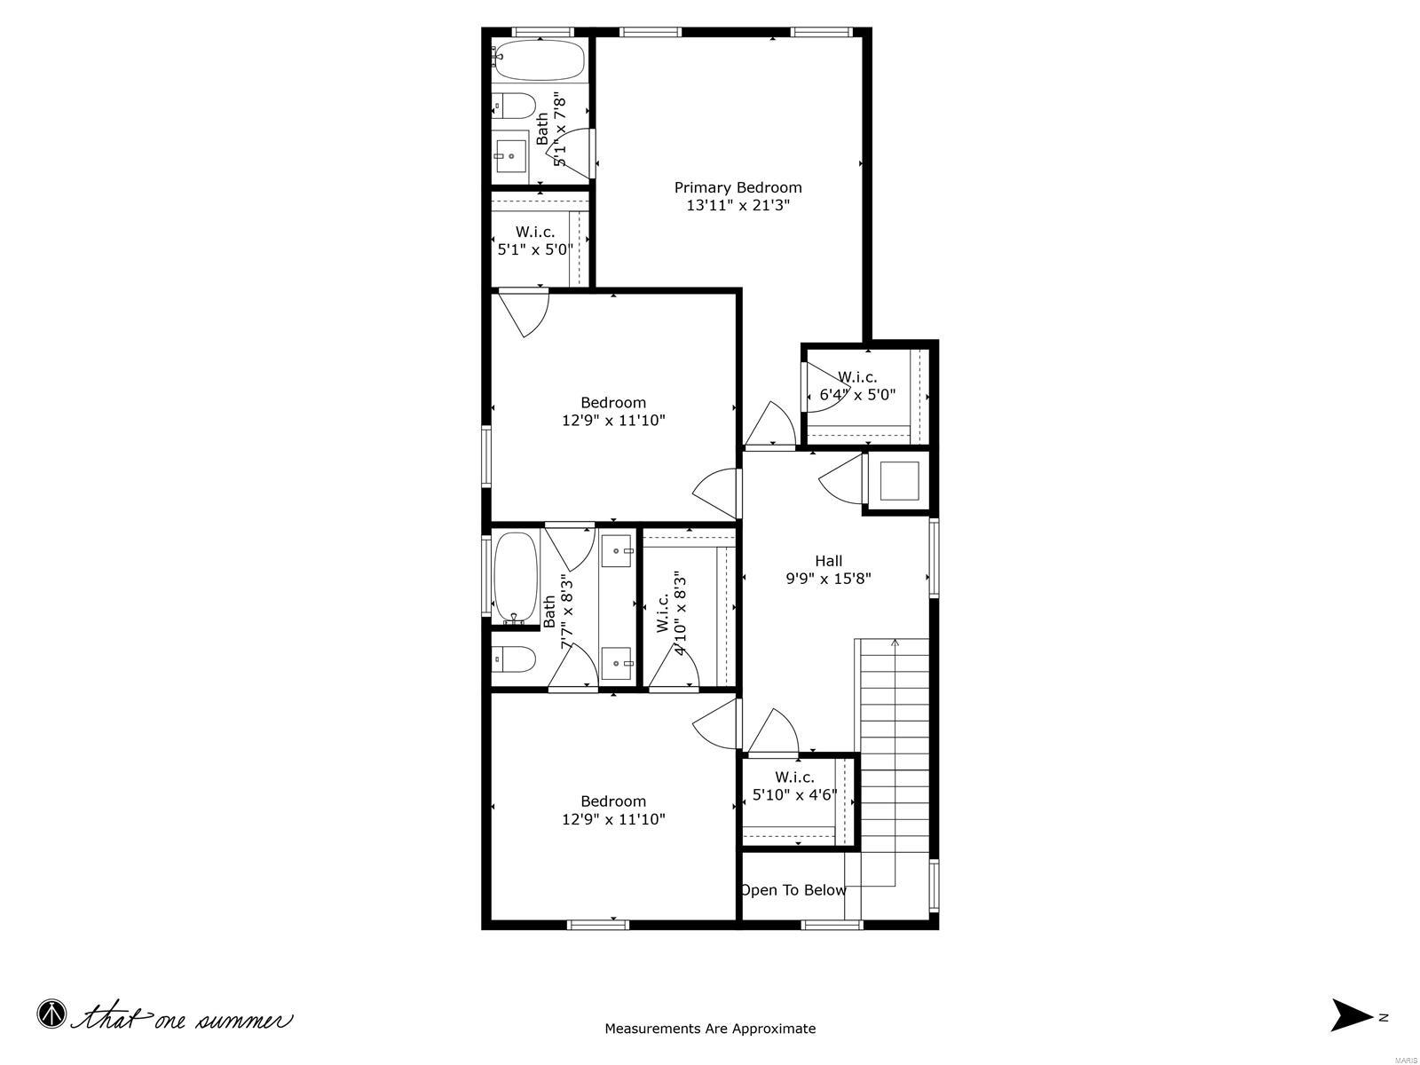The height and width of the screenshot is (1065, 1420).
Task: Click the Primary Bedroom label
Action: tap(738, 187)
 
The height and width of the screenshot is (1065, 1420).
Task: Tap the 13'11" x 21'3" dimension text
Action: tap(738, 205)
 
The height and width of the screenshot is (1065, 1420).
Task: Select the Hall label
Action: tap(828, 560)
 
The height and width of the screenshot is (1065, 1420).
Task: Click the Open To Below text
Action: tap(793, 890)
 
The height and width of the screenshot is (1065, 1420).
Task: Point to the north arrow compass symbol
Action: tap(1352, 1015)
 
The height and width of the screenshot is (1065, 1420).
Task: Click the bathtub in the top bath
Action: tap(539, 60)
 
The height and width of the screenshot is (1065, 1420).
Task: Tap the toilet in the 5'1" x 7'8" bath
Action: tap(514, 106)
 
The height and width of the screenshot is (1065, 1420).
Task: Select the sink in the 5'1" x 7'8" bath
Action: tap(510, 156)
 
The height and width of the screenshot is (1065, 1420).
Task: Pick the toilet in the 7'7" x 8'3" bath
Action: tap(515, 659)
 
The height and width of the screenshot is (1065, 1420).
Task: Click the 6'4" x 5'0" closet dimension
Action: tap(857, 395)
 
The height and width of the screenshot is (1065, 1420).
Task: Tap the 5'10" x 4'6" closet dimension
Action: tap(794, 795)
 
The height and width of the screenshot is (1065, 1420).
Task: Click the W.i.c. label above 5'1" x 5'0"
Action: tap(535, 232)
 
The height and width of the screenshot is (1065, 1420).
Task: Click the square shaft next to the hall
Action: tap(897, 482)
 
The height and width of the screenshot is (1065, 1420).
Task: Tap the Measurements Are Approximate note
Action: tap(710, 1029)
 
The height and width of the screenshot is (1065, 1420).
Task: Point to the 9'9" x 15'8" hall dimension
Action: tap(828, 579)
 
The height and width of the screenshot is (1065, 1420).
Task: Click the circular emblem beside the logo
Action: tap(51, 1014)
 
